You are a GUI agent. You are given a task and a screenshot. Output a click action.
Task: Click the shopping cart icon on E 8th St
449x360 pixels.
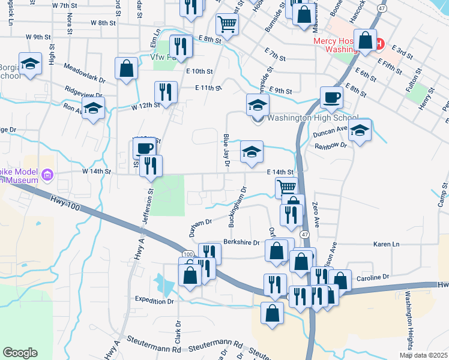(228, 24)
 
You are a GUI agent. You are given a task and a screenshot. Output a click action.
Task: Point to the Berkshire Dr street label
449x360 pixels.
(242, 243)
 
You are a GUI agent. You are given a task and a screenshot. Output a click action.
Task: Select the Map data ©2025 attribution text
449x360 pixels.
(423, 355)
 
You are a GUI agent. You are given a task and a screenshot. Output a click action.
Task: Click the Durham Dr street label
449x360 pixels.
(201, 225)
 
